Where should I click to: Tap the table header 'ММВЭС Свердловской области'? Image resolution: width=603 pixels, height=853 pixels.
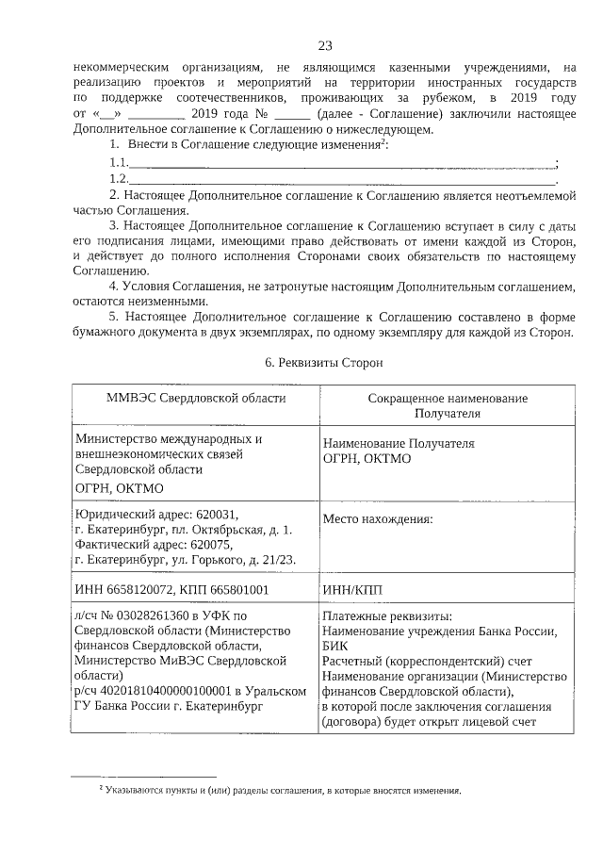tap(196, 399)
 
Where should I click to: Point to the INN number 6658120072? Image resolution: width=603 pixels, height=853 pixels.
tap(133, 590)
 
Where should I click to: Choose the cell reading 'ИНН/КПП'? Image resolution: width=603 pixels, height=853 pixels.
tap(352, 590)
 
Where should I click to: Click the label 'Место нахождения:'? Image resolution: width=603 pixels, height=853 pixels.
tap(377, 518)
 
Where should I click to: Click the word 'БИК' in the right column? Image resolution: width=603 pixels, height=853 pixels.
tap(334, 647)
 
